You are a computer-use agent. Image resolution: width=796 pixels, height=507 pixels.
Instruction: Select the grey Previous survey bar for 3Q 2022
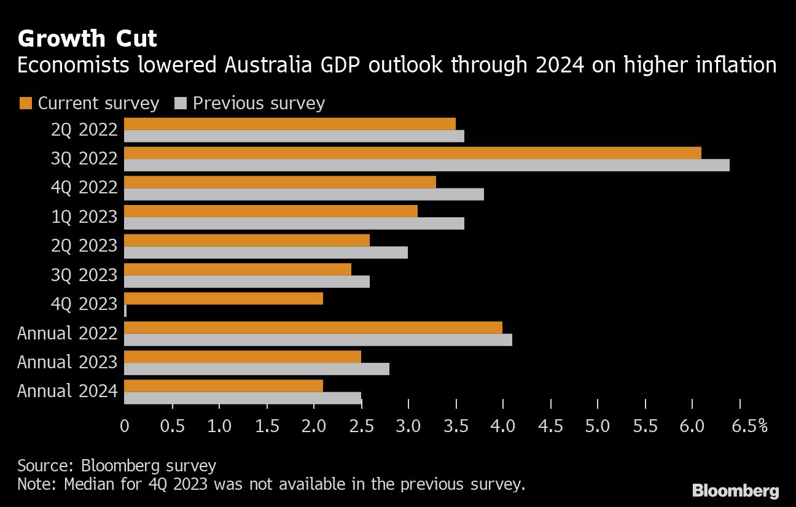click(427, 165)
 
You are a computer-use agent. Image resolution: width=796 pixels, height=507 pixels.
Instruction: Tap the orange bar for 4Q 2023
click(224, 299)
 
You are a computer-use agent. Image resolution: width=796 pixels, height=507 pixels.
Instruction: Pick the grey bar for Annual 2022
click(318, 340)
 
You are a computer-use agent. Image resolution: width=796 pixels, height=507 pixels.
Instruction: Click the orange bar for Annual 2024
click(224, 386)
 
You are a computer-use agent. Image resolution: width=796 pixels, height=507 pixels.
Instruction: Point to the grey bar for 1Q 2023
click(294, 223)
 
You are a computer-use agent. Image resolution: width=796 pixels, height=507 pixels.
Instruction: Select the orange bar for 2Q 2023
click(247, 240)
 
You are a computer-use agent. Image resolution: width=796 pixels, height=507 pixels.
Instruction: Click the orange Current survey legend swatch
click(25, 103)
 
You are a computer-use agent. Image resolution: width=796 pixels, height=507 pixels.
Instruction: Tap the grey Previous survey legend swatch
click(181, 103)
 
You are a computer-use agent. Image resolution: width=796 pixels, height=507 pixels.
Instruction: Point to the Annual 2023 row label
click(67, 362)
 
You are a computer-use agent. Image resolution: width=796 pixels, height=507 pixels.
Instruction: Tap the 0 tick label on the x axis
click(125, 426)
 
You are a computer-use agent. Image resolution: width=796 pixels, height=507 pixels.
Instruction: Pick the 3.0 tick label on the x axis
click(408, 426)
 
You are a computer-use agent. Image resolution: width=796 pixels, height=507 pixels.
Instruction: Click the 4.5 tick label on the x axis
click(550, 426)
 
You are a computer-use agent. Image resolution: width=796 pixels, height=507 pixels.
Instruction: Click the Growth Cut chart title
click(87, 39)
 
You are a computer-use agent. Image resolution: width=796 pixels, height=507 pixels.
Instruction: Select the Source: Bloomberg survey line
click(117, 465)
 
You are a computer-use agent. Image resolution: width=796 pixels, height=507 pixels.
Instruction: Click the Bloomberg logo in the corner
click(735, 491)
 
